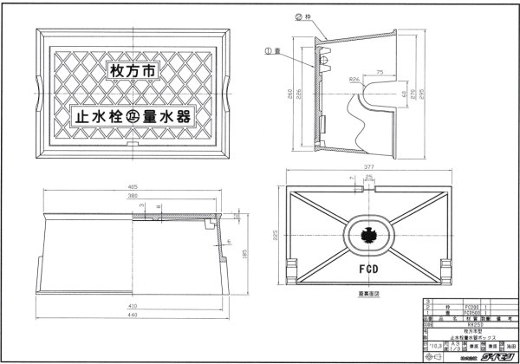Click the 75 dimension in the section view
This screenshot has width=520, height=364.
coord(380,74)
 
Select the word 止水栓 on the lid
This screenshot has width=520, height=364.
coord(94,114)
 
